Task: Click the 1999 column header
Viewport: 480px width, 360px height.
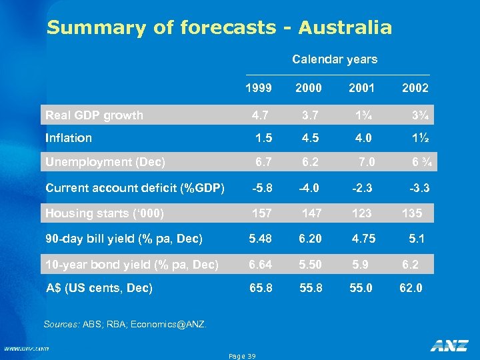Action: [x=258, y=88]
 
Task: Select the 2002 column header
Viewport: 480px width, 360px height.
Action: [x=415, y=88]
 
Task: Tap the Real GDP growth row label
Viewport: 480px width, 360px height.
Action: [x=94, y=115]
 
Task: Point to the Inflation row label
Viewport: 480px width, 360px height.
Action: [x=69, y=138]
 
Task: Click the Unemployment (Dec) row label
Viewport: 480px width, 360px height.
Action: [x=105, y=162]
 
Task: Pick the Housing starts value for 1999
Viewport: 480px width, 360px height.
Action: [x=261, y=213]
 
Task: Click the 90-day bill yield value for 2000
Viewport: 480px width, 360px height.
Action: [x=311, y=239]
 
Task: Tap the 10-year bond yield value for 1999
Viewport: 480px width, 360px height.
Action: [x=261, y=265]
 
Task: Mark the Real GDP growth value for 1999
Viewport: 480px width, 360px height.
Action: [x=261, y=115]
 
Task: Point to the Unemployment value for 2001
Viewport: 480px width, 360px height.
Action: [x=367, y=162]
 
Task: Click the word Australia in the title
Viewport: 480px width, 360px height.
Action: [x=345, y=28]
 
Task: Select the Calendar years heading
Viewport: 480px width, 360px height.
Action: [x=335, y=59]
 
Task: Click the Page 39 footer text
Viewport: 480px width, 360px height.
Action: [x=242, y=356]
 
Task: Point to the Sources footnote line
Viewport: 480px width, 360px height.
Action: [x=125, y=325]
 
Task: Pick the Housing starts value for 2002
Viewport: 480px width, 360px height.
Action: [x=412, y=213]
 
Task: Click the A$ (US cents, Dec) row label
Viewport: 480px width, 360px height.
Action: [x=99, y=288]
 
